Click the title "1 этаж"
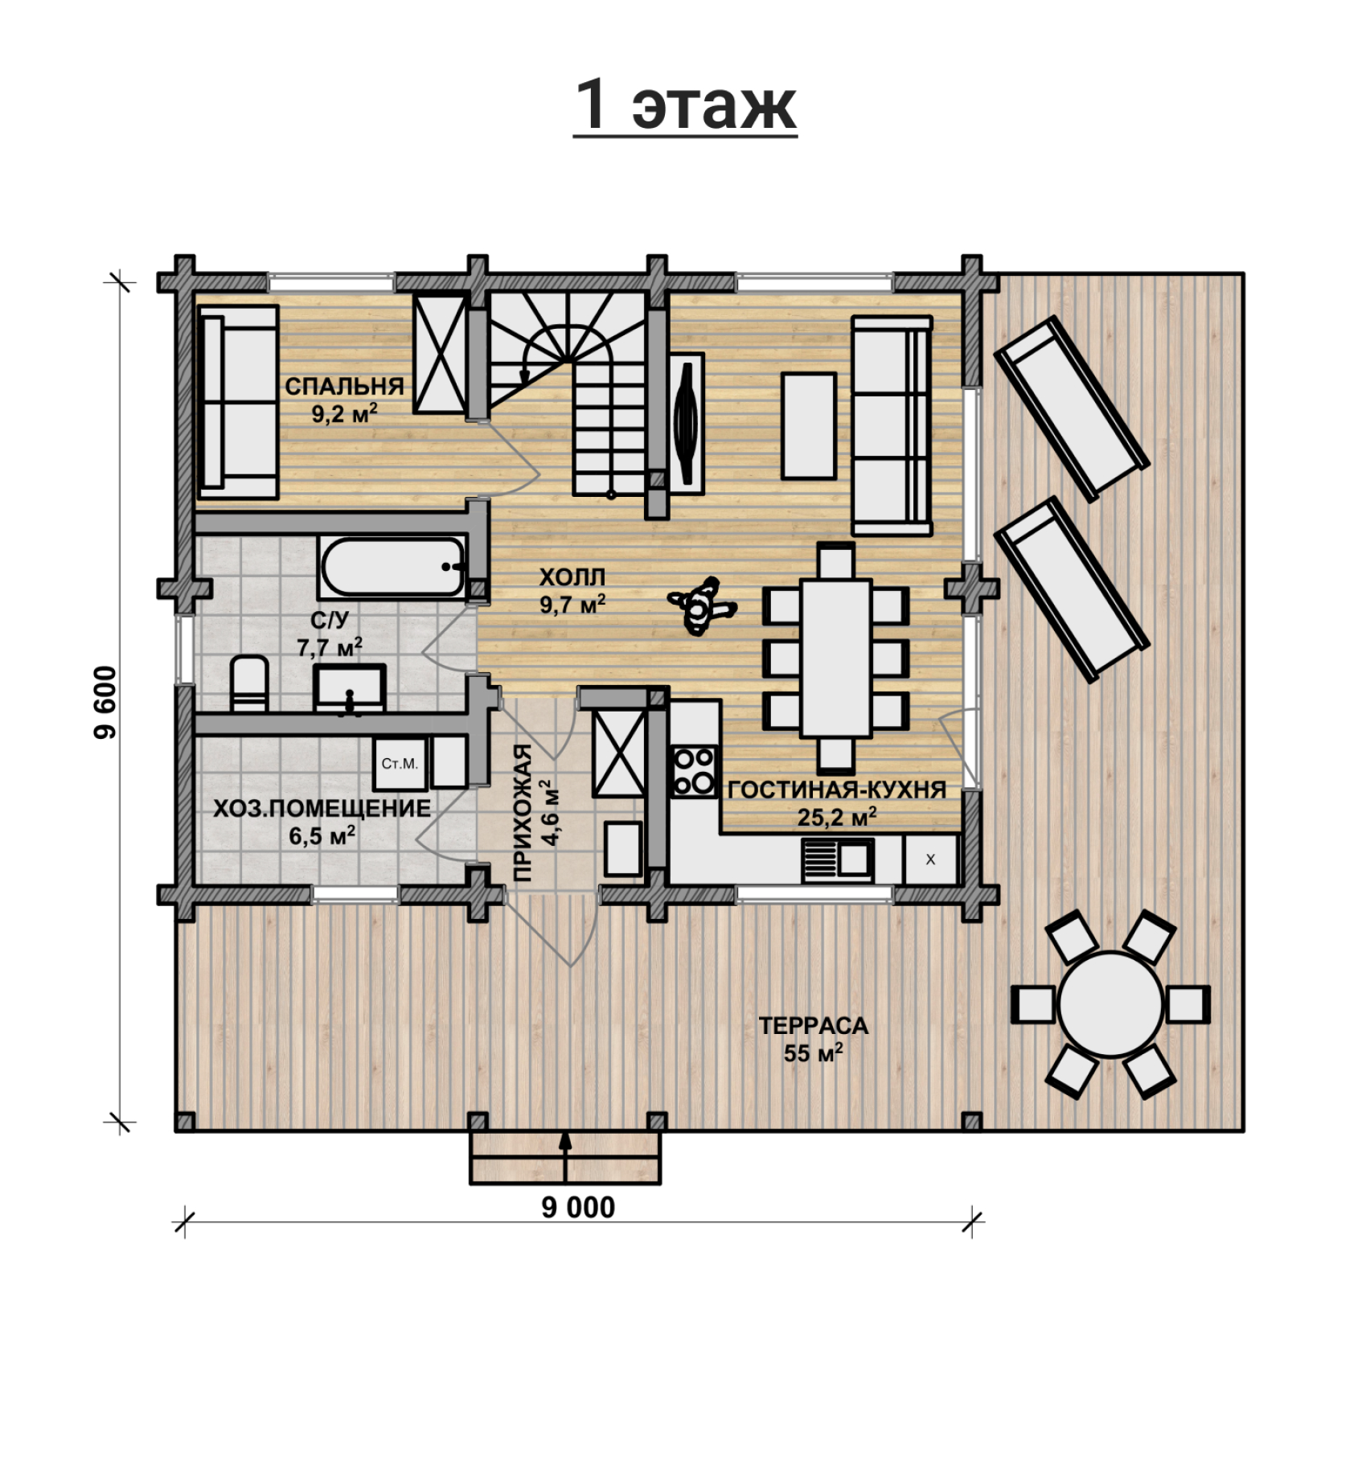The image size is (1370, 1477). coord(685,105)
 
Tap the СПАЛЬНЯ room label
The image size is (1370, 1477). coord(344,386)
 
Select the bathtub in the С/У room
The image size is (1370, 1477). coord(393,566)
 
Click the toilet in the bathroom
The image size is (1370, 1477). coord(249,684)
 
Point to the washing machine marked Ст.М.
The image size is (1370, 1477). coord(400,763)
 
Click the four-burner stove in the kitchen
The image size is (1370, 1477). coord(694,771)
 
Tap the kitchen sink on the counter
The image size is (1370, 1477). coord(837,860)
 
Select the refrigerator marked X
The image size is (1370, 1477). coord(930,860)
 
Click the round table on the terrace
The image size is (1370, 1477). coord(1110,1004)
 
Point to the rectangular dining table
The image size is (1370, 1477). coord(836,658)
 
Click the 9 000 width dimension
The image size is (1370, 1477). coord(578,1207)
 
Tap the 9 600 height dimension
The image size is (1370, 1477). coord(106,703)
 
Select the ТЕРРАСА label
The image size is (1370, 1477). coord(814,1026)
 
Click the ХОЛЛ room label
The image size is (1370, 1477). coord(572,577)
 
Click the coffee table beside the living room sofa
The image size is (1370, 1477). coord(809,425)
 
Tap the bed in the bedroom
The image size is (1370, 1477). coord(238,402)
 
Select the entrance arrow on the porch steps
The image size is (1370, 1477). coord(565,1155)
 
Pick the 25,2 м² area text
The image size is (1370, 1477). coord(836,817)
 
